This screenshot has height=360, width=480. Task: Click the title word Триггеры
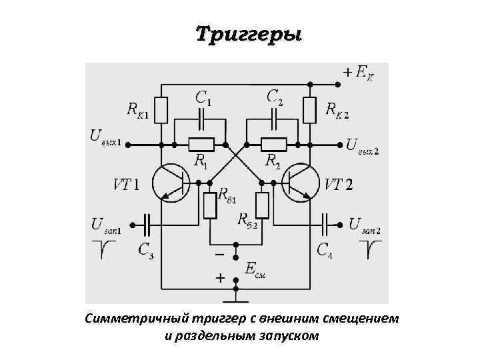pos(248,34)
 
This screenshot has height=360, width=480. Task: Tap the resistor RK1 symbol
pos(161,109)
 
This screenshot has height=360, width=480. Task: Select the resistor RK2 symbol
pos(309,110)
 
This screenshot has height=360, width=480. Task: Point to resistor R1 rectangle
pos(201,144)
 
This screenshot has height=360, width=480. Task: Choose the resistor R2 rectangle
pos(273,144)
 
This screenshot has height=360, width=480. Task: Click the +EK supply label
pos(359,71)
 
